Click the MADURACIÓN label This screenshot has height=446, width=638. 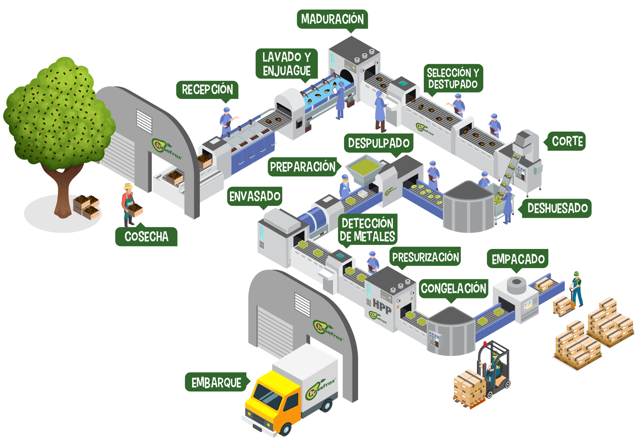click(332, 19)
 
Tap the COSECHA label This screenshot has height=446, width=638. click(146, 237)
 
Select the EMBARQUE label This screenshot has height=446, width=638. click(216, 383)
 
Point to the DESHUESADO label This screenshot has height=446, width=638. click(557, 208)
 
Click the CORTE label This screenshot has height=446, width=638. click(567, 141)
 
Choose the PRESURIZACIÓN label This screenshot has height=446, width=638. click(425, 257)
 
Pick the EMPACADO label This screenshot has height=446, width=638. click(518, 259)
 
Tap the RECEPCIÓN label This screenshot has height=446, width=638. click(207, 89)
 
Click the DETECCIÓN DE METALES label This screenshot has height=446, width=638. click(367, 230)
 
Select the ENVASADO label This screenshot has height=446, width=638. click(255, 196)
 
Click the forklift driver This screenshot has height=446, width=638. click(494, 365)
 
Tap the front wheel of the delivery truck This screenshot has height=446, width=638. click(286, 430)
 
